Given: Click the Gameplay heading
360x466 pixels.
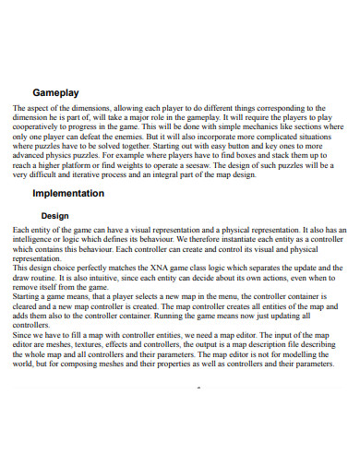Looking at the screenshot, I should click(55, 93).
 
